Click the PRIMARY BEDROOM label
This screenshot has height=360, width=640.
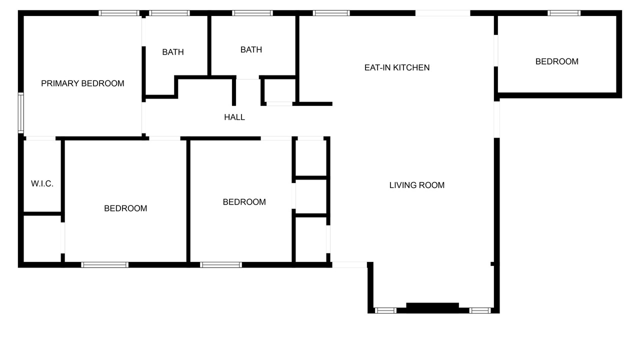[82, 83]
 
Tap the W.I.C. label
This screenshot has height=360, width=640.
[42, 183]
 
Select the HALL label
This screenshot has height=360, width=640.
[234, 117]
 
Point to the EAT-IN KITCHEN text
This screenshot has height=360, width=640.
[397, 67]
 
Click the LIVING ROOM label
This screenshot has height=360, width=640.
[417, 185]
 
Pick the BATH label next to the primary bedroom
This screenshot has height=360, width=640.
[173, 52]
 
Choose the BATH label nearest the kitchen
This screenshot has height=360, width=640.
[251, 49]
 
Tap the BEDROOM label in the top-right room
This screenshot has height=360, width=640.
[557, 61]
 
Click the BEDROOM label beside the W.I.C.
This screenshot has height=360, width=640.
[125, 208]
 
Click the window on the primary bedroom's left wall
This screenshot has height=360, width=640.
[21, 112]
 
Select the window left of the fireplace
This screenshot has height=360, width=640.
[385, 310]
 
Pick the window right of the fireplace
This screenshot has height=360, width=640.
[480, 310]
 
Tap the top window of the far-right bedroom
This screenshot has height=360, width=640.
[564, 13]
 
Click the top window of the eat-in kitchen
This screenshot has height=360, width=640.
[331, 13]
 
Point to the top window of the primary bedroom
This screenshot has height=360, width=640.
[119, 13]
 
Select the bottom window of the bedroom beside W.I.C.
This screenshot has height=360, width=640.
[104, 265]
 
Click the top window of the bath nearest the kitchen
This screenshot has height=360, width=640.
[252, 13]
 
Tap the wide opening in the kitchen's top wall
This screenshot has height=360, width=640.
[442, 13]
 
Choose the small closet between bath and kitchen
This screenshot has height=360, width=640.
[279, 90]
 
